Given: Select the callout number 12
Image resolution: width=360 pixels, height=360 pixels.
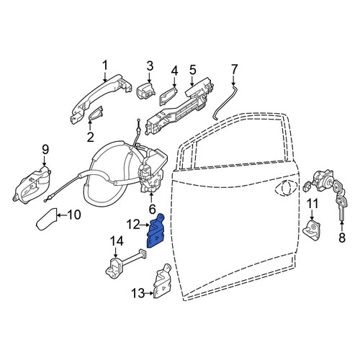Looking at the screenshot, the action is [133, 225].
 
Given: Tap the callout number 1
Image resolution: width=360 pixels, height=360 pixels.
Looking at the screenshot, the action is [105, 66].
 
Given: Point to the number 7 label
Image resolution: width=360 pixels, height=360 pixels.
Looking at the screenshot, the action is [234, 70].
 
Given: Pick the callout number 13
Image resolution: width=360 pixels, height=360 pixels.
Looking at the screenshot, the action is [138, 293].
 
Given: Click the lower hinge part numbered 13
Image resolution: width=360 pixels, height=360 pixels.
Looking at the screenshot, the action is [162, 281].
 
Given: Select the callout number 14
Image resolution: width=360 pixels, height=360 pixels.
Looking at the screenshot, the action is [117, 241].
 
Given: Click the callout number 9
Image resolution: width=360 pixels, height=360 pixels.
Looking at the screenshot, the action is [45, 150].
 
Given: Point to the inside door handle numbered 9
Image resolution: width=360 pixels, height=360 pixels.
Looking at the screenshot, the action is [31, 185].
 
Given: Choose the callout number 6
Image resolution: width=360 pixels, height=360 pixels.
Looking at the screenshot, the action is [153, 210].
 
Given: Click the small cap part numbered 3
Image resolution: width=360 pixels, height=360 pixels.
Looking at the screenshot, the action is [145, 91].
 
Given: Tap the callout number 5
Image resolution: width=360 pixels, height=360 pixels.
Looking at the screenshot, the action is [192, 70].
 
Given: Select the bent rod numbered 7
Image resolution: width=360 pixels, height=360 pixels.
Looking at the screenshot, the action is [225, 103].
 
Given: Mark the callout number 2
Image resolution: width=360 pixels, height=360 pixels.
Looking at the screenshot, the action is [90, 137].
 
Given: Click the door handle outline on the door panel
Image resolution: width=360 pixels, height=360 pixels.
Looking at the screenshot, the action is [287, 186].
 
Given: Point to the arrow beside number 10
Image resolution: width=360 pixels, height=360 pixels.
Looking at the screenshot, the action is [62, 215].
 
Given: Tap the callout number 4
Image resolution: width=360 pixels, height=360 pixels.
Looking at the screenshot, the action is [174, 71].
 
